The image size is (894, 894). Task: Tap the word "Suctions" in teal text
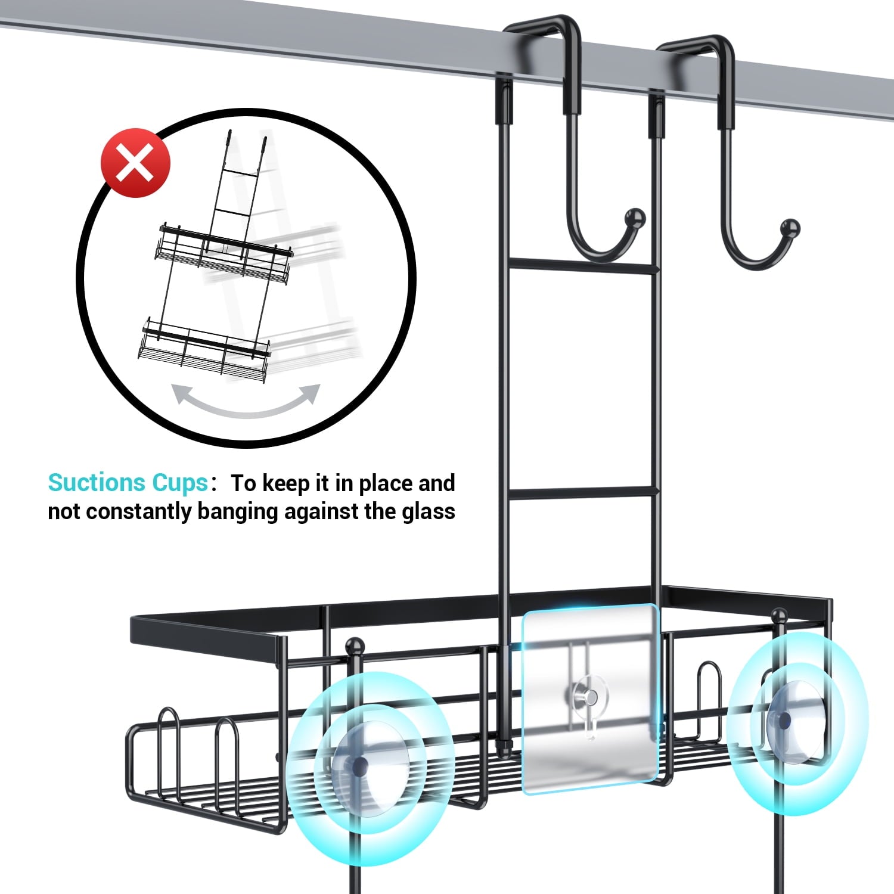click(x=97, y=483)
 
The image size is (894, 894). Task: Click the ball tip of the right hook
click(x=790, y=228)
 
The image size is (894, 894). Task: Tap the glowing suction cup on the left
click(x=360, y=766)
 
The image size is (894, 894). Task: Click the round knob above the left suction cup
click(x=355, y=645)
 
